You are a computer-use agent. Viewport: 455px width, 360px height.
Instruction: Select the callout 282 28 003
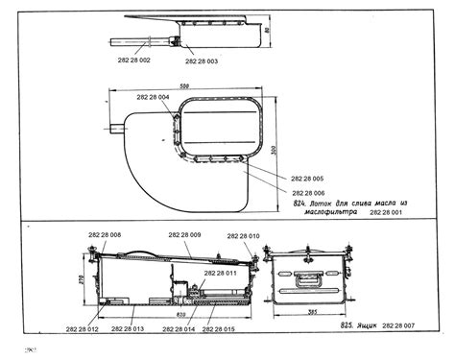[x=201, y=60]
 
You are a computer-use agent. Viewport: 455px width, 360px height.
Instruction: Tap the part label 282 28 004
[x=154, y=98]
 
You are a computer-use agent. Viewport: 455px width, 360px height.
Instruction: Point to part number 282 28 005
[x=305, y=179]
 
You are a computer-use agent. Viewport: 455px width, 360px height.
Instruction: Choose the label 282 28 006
[x=305, y=193]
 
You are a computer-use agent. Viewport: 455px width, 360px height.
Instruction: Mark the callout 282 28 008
[x=103, y=235]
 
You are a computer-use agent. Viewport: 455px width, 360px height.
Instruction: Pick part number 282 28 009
[x=183, y=235]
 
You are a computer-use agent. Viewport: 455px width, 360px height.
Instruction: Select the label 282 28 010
[x=244, y=235]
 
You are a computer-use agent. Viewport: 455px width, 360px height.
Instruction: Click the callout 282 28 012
[x=83, y=329]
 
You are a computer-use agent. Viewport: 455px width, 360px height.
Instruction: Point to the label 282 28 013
[x=127, y=329]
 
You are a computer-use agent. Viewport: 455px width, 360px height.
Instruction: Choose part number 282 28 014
[x=177, y=329]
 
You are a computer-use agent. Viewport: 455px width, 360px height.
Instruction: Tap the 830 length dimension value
[x=180, y=314]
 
